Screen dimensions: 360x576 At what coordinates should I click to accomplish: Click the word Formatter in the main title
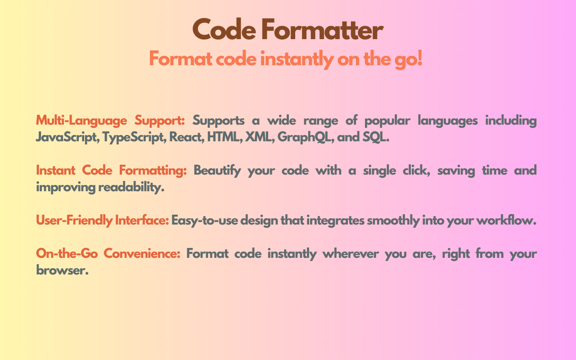click(322, 31)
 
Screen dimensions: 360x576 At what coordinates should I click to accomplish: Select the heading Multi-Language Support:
click(110, 121)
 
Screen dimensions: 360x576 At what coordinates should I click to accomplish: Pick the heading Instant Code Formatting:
click(111, 171)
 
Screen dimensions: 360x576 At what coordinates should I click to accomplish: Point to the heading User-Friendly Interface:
click(102, 220)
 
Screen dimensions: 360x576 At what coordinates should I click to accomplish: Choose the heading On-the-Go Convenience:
click(108, 254)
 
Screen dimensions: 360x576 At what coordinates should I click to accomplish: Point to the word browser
click(60, 270)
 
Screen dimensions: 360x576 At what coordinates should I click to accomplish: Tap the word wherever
click(350, 254)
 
